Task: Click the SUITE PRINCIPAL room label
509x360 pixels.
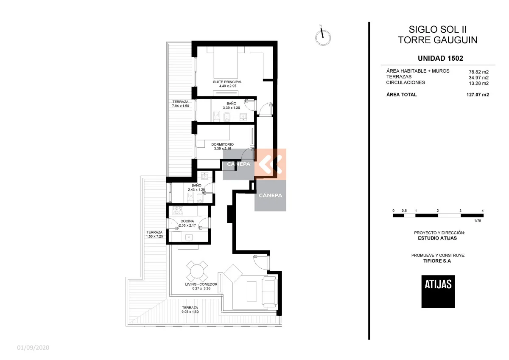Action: click(227, 82)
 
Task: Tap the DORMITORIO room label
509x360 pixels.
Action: click(222, 144)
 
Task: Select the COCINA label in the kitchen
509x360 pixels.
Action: click(187, 221)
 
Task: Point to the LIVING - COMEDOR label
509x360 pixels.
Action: click(201, 284)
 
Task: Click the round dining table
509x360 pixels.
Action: click(197, 271)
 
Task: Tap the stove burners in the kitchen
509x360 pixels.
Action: click(178, 211)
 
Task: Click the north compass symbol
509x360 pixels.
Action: click(323, 37)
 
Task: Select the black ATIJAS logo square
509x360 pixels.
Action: click(438, 292)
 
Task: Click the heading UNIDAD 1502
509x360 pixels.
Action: click(440, 59)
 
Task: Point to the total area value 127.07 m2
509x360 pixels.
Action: click(478, 95)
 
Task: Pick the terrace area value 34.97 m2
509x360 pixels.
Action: click(479, 78)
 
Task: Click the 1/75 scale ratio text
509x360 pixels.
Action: click(478, 221)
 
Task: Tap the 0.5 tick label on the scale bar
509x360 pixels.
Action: click(404, 211)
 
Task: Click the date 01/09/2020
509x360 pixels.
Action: click(33, 348)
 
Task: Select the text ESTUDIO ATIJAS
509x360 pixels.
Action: click(437, 238)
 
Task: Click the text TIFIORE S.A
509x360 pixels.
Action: click(437, 261)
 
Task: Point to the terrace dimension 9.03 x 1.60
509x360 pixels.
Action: click(190, 312)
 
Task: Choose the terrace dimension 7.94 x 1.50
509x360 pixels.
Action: click(180, 106)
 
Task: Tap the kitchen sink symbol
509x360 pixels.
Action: click(189, 237)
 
